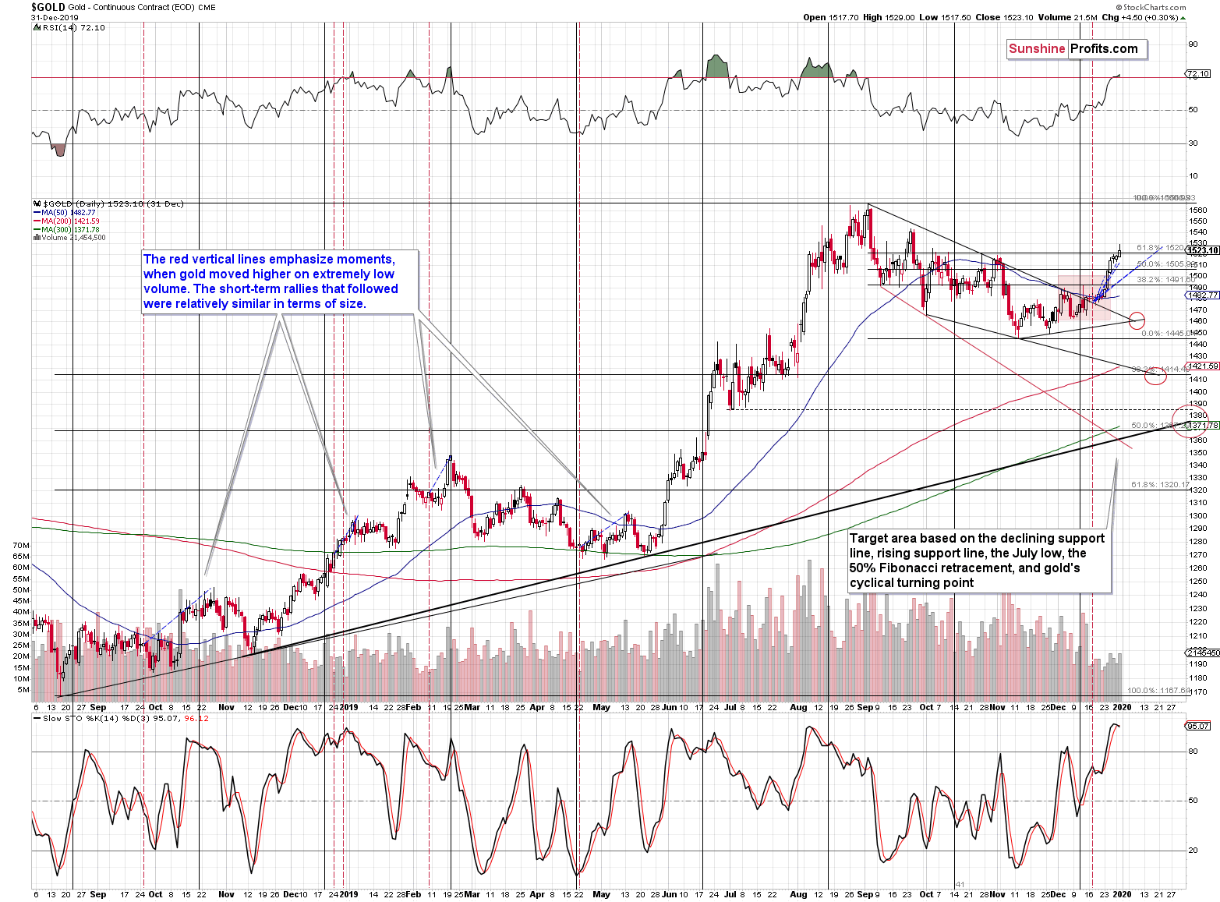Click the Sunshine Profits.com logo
coord(1076,49)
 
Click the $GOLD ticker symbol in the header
coord(48,7)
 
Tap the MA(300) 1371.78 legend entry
coord(70,229)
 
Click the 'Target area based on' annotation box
coord(978,561)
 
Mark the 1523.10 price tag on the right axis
coord(1202,250)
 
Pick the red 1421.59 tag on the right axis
coord(1202,366)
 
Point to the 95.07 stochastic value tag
coord(1197,726)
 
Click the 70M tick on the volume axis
coord(21,545)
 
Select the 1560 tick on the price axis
coord(1198,210)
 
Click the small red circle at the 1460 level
coord(1137,320)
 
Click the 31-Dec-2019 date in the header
coord(48,17)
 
